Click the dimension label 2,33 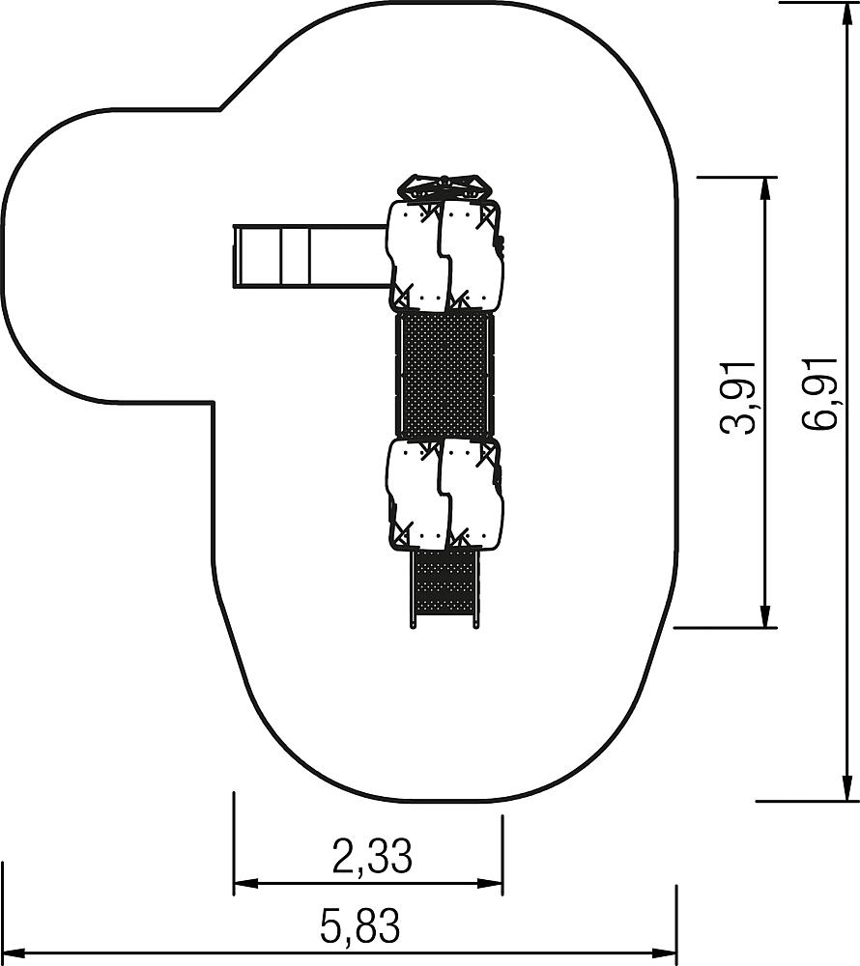pyautogui.click(x=372, y=856)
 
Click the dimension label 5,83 pyautogui.click(x=359, y=925)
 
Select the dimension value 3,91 pyautogui.click(x=738, y=398)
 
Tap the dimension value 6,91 pyautogui.click(x=820, y=393)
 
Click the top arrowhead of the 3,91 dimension pyautogui.click(x=765, y=188)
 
